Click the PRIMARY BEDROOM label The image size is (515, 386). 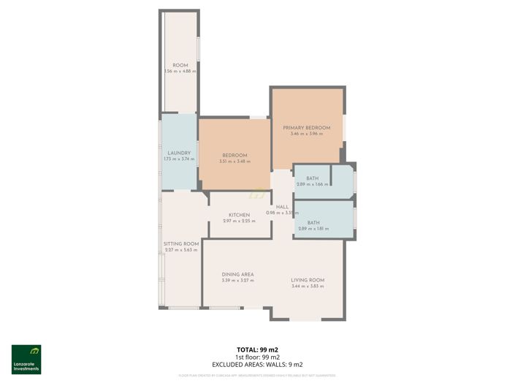(x=307, y=128)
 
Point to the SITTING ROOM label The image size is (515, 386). (x=181, y=243)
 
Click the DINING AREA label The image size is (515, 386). (x=237, y=274)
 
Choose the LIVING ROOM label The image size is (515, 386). (x=307, y=280)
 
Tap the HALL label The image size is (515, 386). (x=282, y=207)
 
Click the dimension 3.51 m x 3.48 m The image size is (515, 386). (x=234, y=162)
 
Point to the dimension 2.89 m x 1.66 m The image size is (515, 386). (x=312, y=184)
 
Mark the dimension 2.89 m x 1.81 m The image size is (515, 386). (x=313, y=229)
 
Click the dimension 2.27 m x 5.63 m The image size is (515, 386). (x=181, y=250)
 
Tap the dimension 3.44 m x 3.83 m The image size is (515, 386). (x=307, y=287)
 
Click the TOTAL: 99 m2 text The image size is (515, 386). (x=257, y=349)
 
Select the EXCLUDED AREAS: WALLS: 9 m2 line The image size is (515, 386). (x=257, y=364)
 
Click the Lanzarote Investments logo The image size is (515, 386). (x=26, y=359)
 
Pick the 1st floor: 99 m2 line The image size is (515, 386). (x=257, y=357)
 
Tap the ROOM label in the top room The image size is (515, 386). (x=180, y=66)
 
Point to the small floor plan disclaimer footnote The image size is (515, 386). (x=257, y=375)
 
